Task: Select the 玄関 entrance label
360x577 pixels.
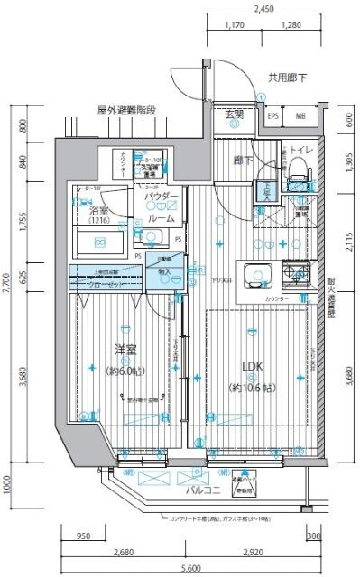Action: coord(234,114)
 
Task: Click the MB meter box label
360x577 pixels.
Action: coord(300,117)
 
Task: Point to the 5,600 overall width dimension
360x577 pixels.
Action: coord(189,570)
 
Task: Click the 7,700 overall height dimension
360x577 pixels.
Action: coord(7,285)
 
